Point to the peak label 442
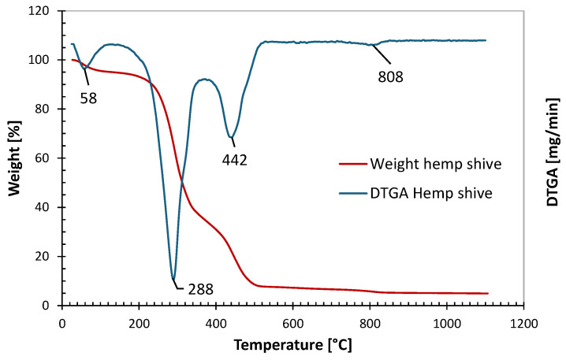[235, 160]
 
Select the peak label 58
[88, 100]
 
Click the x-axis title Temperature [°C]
[292, 345]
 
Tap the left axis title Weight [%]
[13, 158]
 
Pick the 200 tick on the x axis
[140, 323]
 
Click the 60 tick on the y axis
[47, 158]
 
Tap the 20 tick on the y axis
[47, 257]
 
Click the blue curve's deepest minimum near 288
[173, 279]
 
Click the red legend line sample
[352, 164]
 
